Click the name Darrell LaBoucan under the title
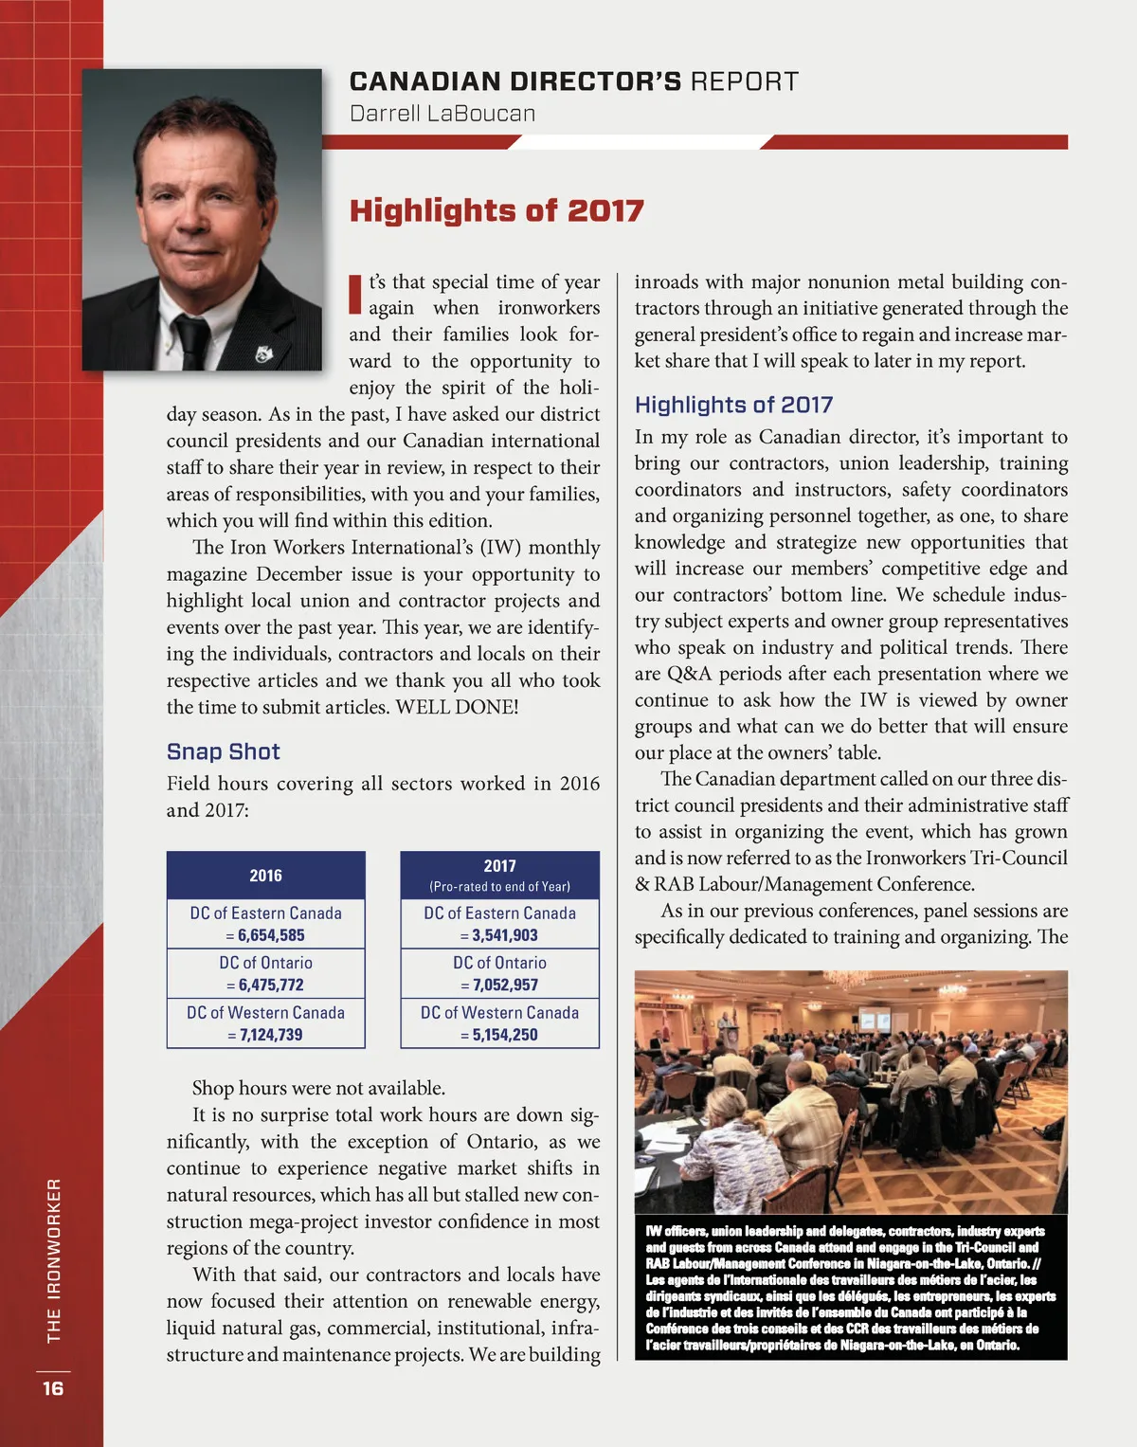click(442, 114)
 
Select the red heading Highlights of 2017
click(496, 210)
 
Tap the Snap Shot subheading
click(224, 751)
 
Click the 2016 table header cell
click(265, 876)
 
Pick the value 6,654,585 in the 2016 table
click(271, 935)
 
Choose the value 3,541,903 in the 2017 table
click(505, 935)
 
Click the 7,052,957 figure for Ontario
click(505, 986)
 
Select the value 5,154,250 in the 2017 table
click(505, 1035)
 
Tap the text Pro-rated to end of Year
click(500, 887)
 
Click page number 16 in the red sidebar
click(53, 1388)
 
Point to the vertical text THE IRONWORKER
click(54, 1260)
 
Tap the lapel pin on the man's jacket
click(262, 354)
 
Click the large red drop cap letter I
click(356, 294)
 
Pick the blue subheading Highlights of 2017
click(733, 405)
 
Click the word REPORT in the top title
click(745, 81)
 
